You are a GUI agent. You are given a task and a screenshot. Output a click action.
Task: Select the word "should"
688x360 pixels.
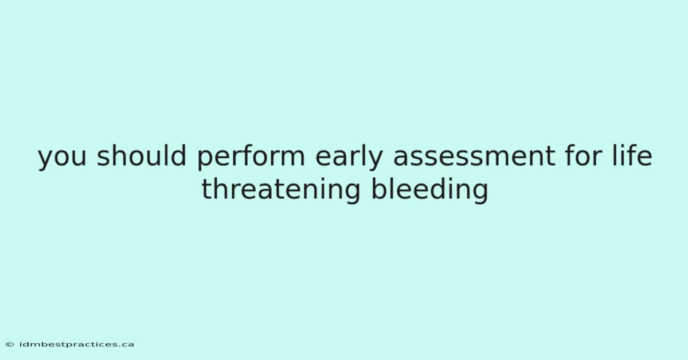142,155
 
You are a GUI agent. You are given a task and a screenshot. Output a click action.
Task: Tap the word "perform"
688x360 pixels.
251,158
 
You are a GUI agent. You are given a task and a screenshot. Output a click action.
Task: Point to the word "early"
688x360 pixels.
349,158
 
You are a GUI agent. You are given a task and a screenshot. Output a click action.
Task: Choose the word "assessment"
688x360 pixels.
474,156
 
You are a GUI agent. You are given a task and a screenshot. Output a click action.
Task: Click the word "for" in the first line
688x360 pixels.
583,155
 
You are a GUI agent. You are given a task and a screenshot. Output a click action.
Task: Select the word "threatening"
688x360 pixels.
281,191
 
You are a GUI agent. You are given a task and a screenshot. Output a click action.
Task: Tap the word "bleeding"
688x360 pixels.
429,191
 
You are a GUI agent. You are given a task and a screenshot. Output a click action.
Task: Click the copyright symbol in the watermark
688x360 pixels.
10,345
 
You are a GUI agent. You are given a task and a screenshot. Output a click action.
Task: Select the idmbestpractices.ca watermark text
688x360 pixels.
77,345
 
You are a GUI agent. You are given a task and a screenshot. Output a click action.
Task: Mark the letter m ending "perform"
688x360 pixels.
291,156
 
